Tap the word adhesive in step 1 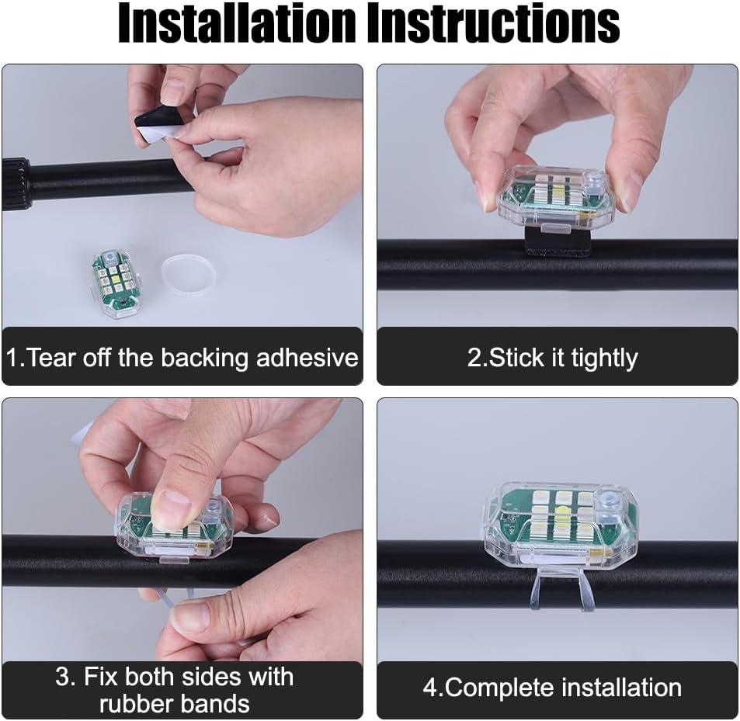click(307, 358)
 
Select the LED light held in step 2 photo click(557, 198)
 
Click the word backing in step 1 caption click(204, 359)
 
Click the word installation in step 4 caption click(621, 688)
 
